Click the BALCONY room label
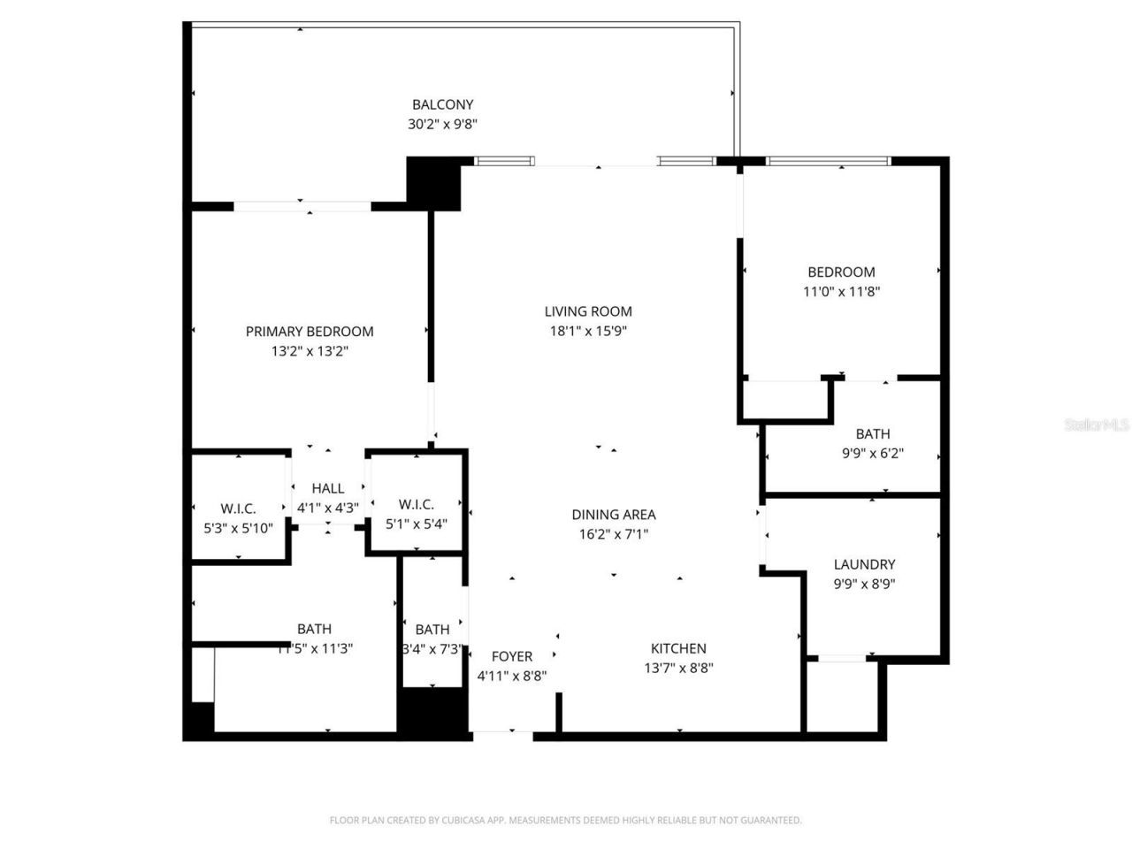click(442, 104)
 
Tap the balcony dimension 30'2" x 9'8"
click(442, 125)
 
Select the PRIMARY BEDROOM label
click(310, 332)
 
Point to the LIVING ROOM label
click(588, 311)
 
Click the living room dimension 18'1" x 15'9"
click(588, 332)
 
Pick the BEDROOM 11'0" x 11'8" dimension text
click(841, 292)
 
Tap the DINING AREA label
click(613, 515)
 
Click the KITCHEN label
click(678, 648)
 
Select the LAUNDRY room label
click(864, 564)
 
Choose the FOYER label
click(512, 656)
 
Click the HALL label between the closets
click(327, 488)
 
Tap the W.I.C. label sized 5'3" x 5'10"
click(238, 509)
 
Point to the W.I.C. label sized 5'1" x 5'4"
click(416, 504)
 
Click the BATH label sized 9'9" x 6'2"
click(872, 434)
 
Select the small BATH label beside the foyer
click(432, 630)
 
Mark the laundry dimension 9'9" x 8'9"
click(864, 584)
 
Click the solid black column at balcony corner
click(433, 183)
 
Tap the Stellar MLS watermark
click(1097, 425)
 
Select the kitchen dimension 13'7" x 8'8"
click(678, 669)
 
